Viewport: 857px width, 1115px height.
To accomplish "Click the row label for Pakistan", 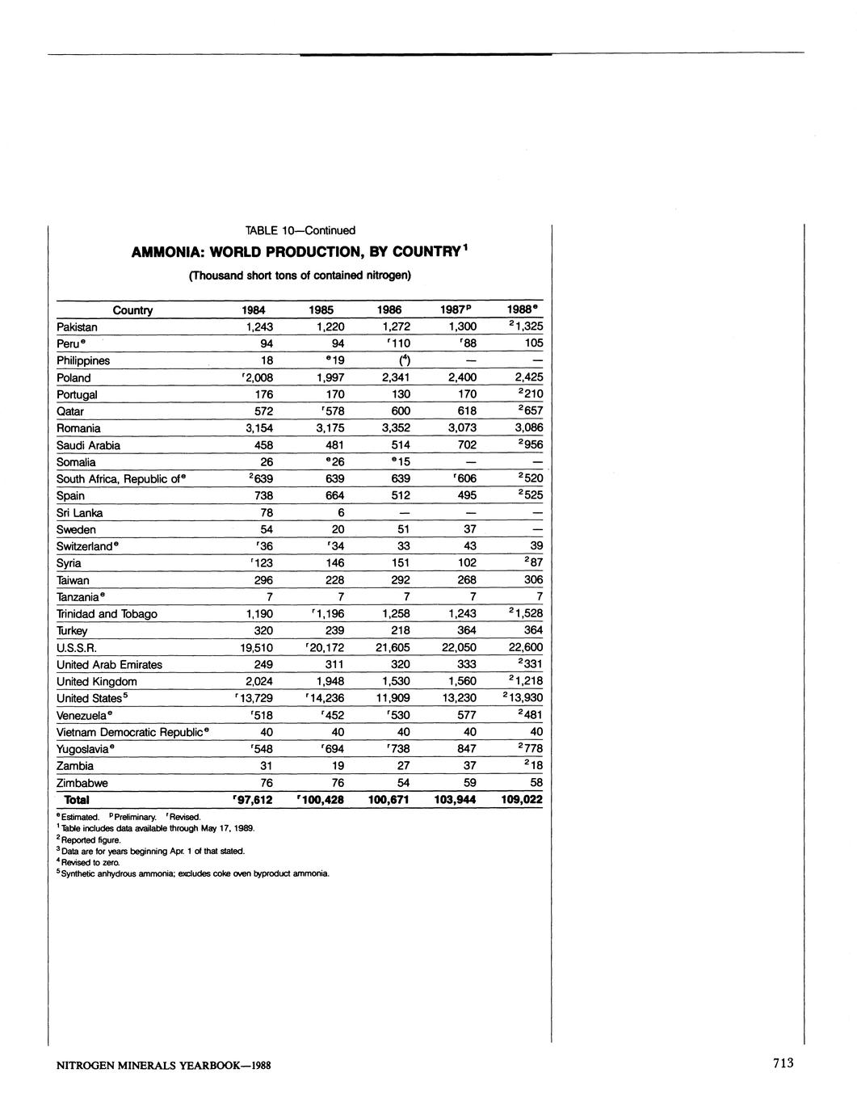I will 77,327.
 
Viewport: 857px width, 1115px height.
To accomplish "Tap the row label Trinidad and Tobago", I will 107,614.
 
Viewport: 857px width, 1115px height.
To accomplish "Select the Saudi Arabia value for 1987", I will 461,445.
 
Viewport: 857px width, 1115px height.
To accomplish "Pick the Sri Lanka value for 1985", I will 341,513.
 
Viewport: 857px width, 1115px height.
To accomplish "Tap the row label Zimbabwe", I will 82,783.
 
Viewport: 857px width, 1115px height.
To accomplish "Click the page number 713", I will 783,1063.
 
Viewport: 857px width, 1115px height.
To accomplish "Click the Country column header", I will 132,310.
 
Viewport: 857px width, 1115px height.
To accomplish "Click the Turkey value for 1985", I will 335,631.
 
